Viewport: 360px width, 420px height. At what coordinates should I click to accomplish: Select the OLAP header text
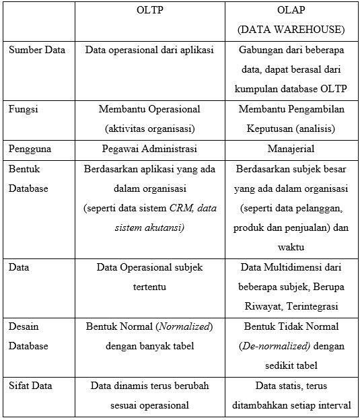[291, 11]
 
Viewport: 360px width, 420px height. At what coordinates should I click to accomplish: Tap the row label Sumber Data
[37, 50]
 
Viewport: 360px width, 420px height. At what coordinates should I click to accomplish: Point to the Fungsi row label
[23, 108]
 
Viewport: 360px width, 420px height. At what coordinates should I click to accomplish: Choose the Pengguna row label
[30, 148]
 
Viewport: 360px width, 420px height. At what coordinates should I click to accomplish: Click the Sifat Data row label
[30, 386]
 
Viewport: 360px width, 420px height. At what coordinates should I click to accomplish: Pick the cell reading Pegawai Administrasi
[149, 148]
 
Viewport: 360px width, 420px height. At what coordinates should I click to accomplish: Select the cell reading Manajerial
[291, 148]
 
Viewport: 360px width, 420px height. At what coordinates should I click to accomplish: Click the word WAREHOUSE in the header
[312, 31]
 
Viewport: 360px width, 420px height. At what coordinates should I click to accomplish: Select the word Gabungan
[261, 50]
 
